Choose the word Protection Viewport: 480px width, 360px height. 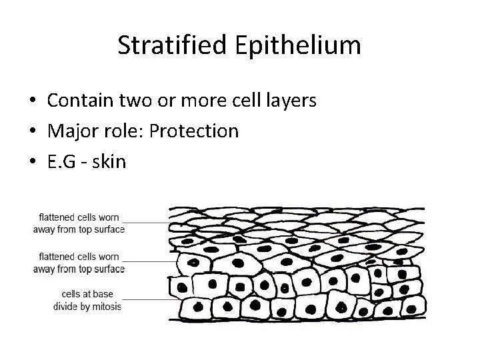coord(194,131)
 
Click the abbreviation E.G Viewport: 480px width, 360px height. coord(63,162)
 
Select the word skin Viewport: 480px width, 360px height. coord(111,162)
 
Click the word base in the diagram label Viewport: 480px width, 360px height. coord(109,295)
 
